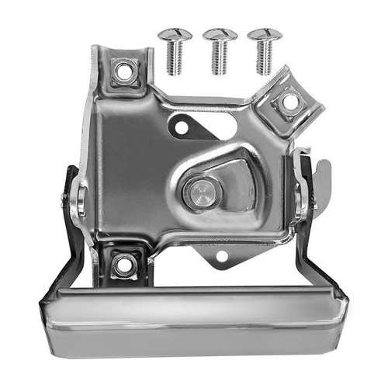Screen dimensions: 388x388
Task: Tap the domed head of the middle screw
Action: [x=219, y=36]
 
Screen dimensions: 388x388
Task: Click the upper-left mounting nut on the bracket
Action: [x=123, y=72]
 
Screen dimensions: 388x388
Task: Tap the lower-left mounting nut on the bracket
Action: [x=123, y=265]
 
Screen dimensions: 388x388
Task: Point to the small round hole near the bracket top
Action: [x=180, y=124]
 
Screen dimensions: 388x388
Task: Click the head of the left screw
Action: [x=175, y=36]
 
